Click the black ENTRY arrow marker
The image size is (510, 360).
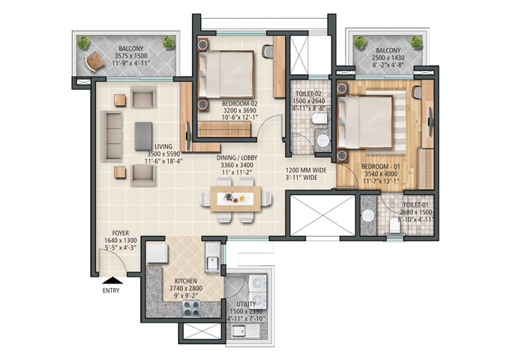point(112,280)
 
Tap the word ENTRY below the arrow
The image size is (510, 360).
point(111,291)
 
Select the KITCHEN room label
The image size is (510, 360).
point(186,281)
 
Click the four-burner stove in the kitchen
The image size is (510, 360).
point(191,308)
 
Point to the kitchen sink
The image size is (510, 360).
point(213,259)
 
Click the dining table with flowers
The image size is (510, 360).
point(235,199)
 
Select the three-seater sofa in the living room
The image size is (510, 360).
point(112,136)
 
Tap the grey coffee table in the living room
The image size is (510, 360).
point(143,136)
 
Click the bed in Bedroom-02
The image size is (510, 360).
point(226,74)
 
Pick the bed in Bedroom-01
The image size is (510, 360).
point(365,122)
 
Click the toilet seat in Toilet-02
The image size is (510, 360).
point(319,118)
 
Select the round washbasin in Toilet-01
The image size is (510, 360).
point(368,215)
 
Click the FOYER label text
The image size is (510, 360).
point(120,233)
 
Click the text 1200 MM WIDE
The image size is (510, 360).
point(306,170)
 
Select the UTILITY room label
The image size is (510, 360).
point(246,304)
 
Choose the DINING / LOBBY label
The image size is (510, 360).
point(237,157)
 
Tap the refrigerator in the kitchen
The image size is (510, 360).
point(157,253)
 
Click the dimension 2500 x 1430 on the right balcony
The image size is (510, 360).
point(388,58)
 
